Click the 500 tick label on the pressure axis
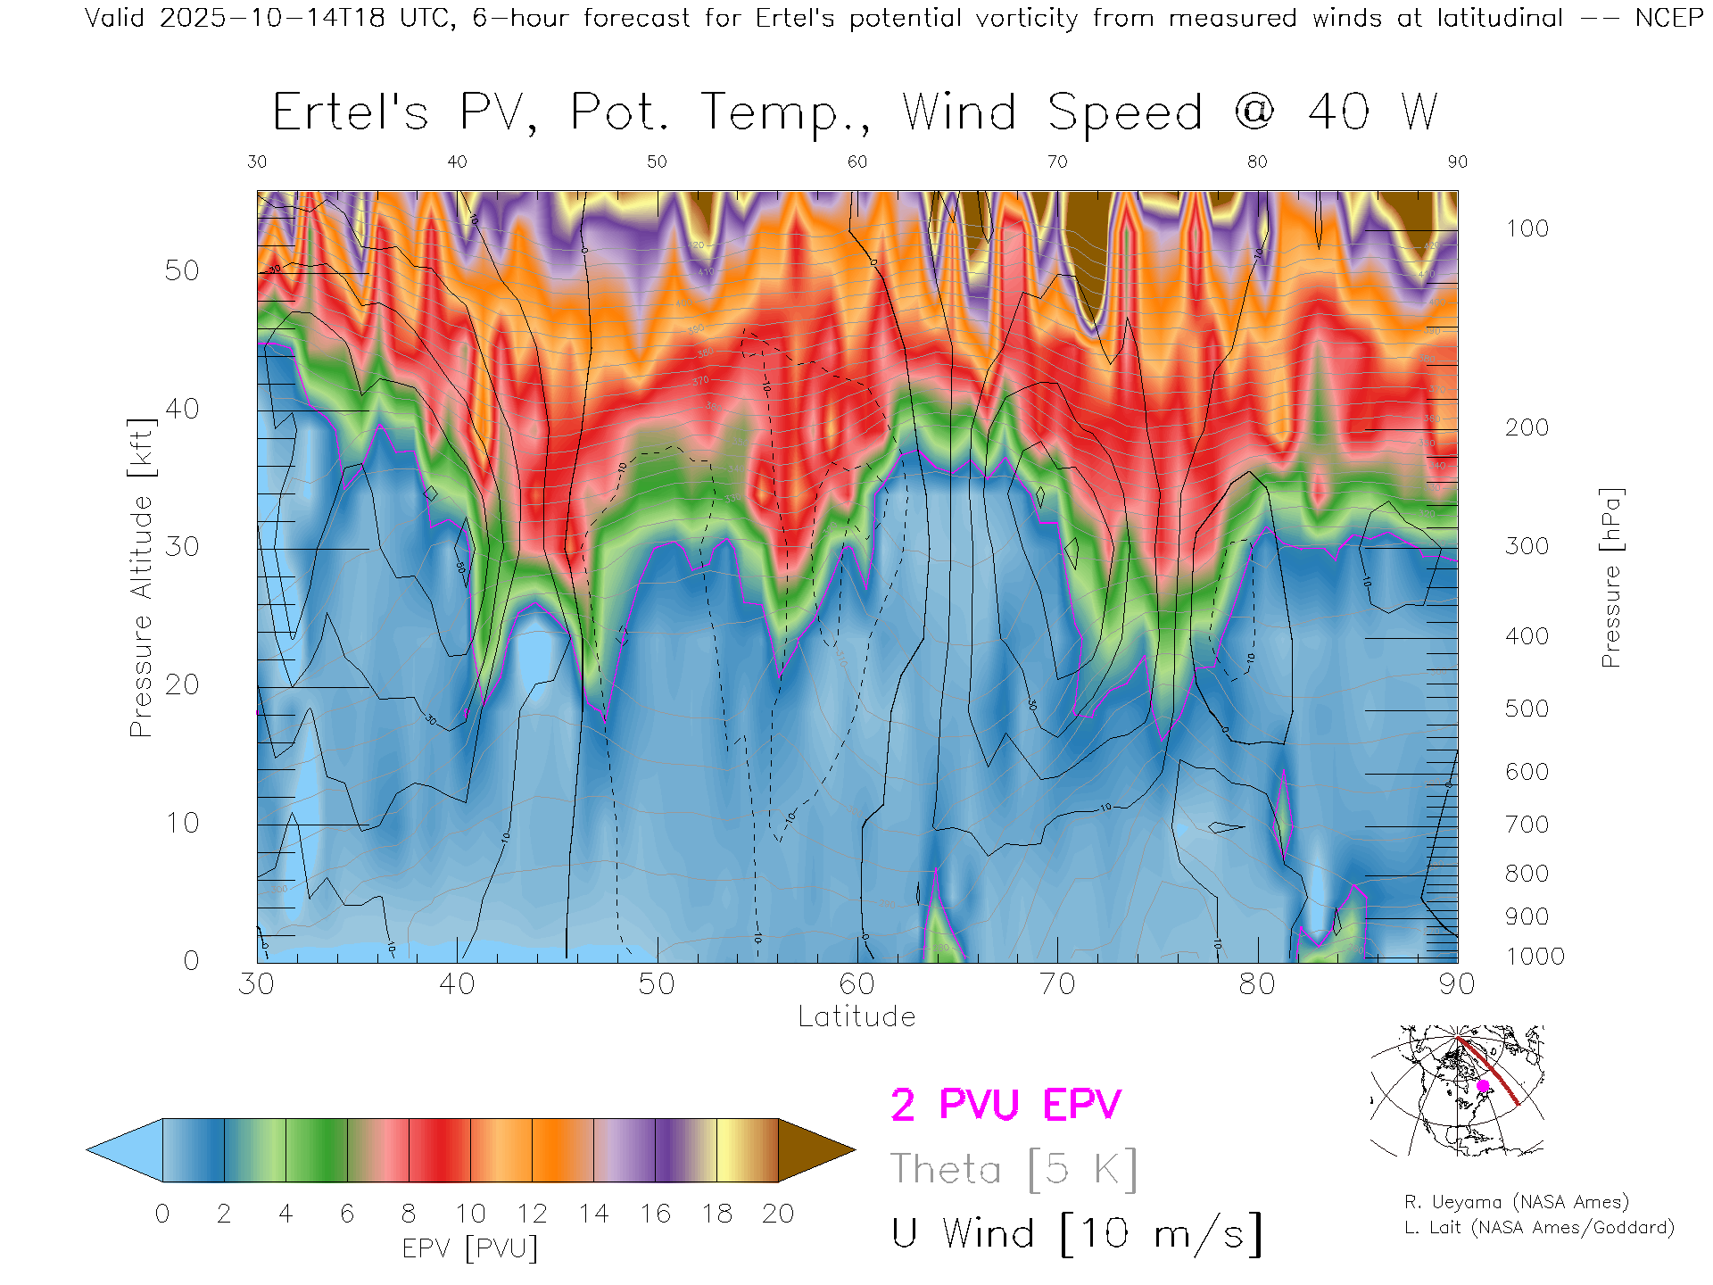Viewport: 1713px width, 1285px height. tap(1527, 709)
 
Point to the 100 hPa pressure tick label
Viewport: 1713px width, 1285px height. tap(1527, 228)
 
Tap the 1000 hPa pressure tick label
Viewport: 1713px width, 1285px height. tap(1535, 957)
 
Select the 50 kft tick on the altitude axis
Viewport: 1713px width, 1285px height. tap(181, 270)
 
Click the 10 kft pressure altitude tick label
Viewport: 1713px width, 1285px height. tap(181, 823)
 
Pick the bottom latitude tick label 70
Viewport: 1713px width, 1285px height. tap(1056, 984)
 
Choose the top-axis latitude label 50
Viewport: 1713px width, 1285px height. tap(657, 162)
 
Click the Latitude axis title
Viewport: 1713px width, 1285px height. tap(856, 1017)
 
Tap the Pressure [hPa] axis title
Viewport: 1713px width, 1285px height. tap(1610, 577)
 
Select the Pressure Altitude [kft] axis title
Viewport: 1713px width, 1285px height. tap(141, 577)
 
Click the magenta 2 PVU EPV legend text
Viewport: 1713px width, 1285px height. tap(1005, 1105)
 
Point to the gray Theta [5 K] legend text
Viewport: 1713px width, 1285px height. tap(1014, 1169)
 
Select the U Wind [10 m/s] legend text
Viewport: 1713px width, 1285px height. tap(1077, 1234)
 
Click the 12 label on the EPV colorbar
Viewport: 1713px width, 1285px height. tap(532, 1214)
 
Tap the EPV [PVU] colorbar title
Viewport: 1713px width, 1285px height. tap(470, 1248)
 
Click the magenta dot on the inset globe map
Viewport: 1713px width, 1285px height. tap(1483, 1086)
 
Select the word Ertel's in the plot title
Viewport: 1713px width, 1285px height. tap(351, 113)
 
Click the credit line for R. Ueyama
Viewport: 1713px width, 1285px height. tap(1517, 1202)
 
